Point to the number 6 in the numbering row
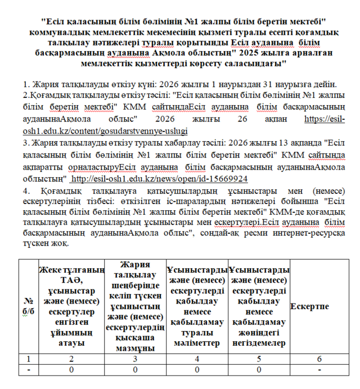(x=318, y=358)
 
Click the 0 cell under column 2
(x=71, y=369)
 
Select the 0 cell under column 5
(x=258, y=369)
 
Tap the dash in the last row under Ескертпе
(x=318, y=369)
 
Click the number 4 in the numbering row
(x=196, y=358)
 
